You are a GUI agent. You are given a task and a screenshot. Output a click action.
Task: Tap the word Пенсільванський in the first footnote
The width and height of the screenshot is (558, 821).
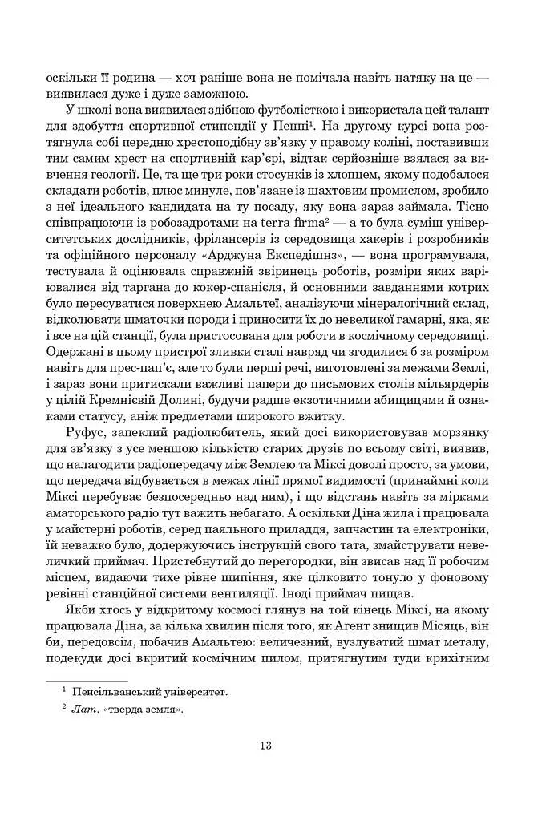pos(115,691)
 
